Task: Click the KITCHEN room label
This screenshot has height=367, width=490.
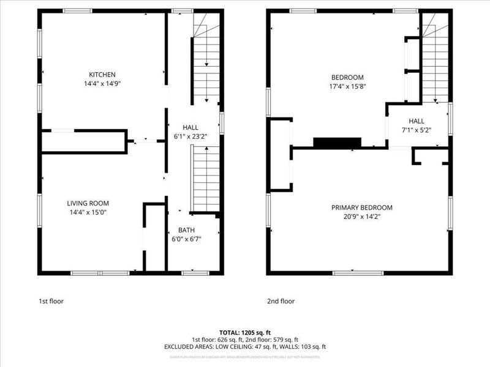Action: (102, 75)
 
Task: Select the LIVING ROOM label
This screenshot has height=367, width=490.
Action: (88, 203)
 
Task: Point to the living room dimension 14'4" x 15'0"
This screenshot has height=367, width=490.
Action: (88, 212)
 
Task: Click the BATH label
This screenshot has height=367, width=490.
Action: (187, 230)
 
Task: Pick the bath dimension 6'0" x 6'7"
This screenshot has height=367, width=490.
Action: (187, 239)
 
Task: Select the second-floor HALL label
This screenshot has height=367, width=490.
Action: (417, 121)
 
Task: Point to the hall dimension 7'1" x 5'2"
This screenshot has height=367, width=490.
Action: (417, 130)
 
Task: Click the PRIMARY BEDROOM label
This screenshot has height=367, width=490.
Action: (362, 207)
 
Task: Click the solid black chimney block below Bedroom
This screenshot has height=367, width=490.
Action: (336, 143)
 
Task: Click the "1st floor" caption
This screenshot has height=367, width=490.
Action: (51, 301)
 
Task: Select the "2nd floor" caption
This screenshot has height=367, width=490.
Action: (281, 301)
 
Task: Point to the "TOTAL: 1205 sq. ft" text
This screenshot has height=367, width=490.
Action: (244, 332)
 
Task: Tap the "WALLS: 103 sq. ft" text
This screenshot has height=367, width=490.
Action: (303, 347)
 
